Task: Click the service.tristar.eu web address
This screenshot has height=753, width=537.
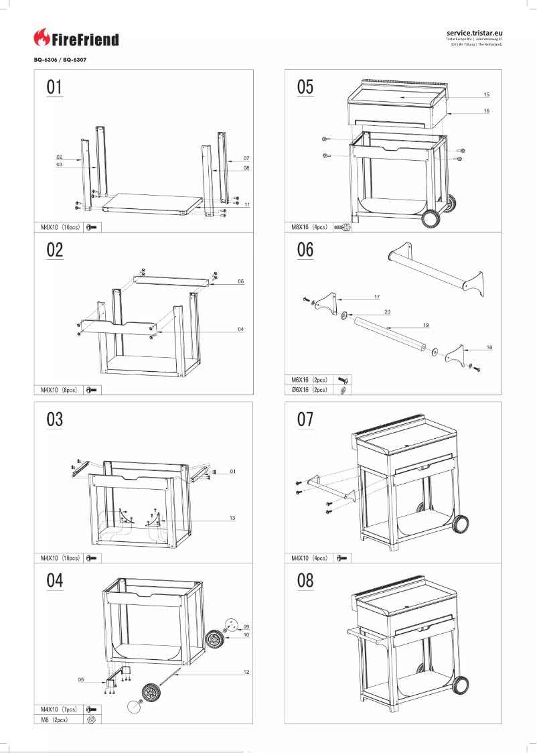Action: [473, 31]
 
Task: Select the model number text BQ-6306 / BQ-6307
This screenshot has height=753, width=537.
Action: [60, 60]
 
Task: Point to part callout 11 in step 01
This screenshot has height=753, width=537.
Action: [247, 204]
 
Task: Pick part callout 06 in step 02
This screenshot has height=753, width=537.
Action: [240, 282]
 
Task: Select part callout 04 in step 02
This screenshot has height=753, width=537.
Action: [240, 329]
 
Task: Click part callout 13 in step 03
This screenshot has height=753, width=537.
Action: [232, 519]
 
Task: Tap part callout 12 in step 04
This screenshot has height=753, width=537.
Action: [246, 672]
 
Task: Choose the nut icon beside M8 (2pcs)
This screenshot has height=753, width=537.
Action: [92, 719]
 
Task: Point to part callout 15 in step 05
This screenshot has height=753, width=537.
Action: [486, 94]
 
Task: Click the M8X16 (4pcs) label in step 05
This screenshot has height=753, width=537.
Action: [309, 227]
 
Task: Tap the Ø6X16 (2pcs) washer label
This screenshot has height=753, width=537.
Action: [309, 389]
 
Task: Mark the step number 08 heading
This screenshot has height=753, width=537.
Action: [305, 580]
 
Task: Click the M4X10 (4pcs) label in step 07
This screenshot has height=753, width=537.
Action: [309, 557]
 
